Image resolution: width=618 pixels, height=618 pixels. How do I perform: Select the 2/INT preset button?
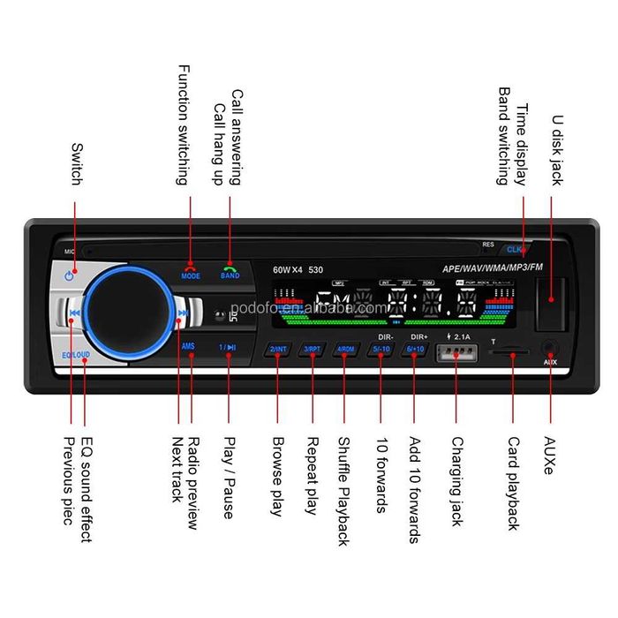[x=278, y=350]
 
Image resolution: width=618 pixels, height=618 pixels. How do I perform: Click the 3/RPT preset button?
[x=312, y=350]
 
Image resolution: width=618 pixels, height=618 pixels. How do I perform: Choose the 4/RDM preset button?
[x=345, y=350]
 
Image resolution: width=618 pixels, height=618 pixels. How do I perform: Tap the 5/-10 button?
[x=381, y=350]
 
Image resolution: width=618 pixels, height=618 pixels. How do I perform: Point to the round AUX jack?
[x=551, y=348]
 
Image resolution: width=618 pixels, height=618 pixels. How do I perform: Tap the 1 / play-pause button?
[x=227, y=347]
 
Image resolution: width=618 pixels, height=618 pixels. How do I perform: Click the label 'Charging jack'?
[x=456, y=481]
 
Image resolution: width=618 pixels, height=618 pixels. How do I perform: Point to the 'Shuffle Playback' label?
[x=344, y=491]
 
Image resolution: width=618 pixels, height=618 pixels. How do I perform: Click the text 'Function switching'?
[x=183, y=124]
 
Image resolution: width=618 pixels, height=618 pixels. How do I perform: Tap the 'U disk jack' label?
[x=556, y=149]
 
